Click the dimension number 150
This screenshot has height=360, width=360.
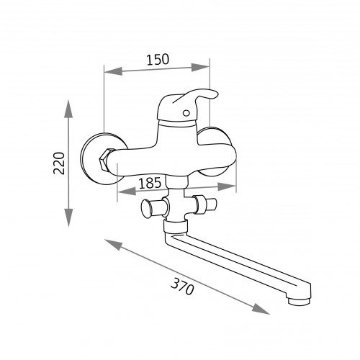tap(158, 60)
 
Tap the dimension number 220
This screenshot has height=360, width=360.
tap(59, 163)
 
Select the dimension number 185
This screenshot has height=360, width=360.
tap(150, 183)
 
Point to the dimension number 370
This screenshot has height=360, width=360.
tap(182, 287)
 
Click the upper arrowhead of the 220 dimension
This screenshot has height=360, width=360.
tap(68, 109)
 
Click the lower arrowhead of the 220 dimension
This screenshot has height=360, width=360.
tap(68, 217)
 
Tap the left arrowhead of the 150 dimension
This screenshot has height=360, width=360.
tap(113, 71)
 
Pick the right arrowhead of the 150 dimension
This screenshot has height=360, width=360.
tap(201, 67)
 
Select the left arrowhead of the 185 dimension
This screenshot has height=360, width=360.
tap(127, 192)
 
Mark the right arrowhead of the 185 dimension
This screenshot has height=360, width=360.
tap(227, 186)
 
